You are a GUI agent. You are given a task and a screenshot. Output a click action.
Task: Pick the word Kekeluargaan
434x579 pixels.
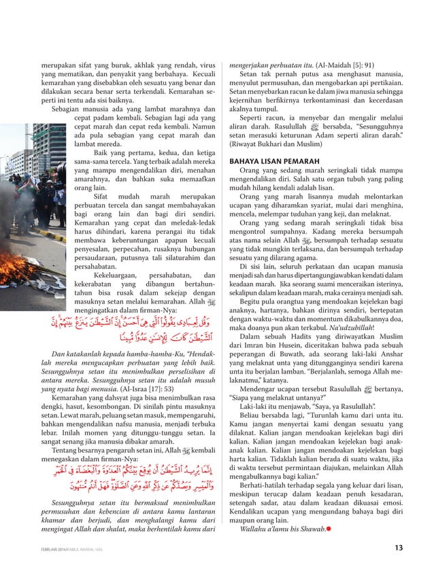tap(120, 275)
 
